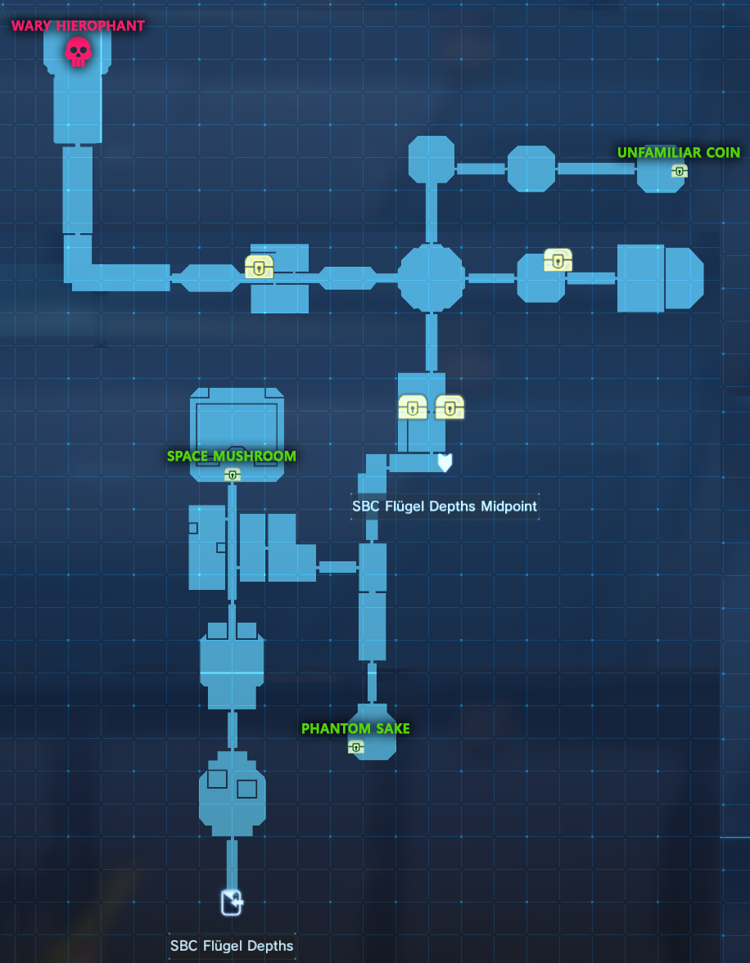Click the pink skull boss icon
(78, 52)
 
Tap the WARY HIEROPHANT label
(78, 26)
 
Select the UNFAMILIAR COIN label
(679, 152)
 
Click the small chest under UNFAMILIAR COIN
(680, 171)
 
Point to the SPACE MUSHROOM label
(232, 457)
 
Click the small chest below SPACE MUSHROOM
(233, 474)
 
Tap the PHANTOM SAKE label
(355, 728)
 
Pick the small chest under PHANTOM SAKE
(356, 747)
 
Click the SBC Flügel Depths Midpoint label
(445, 506)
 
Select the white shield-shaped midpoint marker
(445, 462)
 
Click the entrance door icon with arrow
(232, 902)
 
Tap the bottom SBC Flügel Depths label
(232, 944)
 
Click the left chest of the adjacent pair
(413, 407)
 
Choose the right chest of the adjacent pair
(450, 407)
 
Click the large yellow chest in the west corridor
(259, 267)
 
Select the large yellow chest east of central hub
(558, 260)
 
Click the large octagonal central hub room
(431, 277)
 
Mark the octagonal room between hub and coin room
(531, 169)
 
